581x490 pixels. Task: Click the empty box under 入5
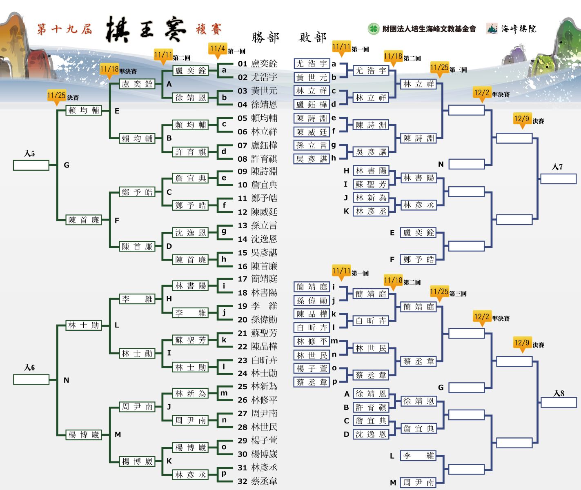31,165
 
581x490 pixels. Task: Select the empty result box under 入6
31,380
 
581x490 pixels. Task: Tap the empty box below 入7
558,179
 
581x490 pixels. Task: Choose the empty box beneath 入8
559,402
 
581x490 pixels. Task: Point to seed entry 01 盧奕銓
258,64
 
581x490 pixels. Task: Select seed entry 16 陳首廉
258,266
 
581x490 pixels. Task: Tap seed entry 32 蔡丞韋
258,481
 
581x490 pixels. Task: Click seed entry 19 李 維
258,306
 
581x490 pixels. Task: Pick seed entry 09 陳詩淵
258,171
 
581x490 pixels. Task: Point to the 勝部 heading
265,38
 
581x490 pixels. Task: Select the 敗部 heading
313,38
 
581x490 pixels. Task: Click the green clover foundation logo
373,29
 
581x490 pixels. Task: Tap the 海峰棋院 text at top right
519,29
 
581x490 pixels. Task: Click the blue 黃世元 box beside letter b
312,78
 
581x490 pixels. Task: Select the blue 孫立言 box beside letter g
312,145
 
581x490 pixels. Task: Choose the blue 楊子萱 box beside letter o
312,368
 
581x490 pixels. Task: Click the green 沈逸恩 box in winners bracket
190,233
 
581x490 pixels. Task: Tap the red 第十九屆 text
65,29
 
